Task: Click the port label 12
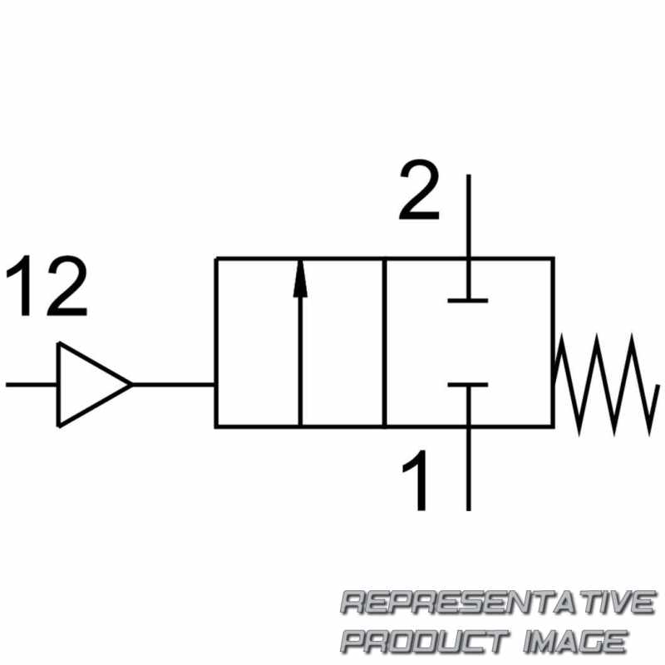(x=47, y=286)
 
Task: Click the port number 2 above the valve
(x=419, y=190)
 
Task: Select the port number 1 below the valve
(x=415, y=480)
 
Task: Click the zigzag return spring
(x=607, y=384)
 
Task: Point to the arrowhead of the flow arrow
(x=300, y=278)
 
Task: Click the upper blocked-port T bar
(x=468, y=300)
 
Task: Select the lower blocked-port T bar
(x=468, y=385)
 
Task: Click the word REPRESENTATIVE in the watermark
(x=499, y=602)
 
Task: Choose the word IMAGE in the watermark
(x=575, y=641)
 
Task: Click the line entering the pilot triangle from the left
(x=32, y=385)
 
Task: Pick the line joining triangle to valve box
(x=174, y=385)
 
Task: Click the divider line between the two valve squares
(x=384, y=342)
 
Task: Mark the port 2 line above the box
(x=468, y=215)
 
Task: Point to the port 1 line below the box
(x=468, y=469)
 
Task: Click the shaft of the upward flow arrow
(x=300, y=361)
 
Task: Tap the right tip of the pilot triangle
(x=132, y=385)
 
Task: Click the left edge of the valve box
(x=216, y=342)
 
